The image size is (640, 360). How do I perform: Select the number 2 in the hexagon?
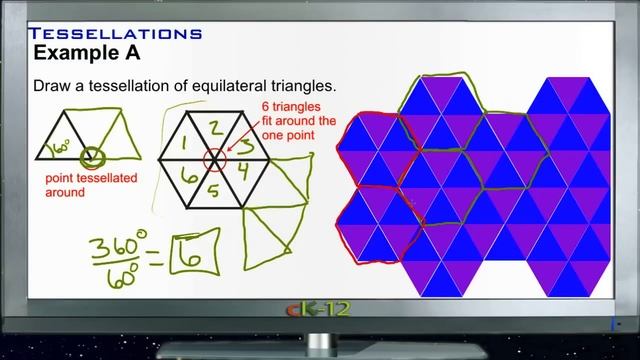coord(214,126)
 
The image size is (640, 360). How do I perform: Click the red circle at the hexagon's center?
coord(214,157)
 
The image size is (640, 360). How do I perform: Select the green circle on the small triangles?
coord(94,157)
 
